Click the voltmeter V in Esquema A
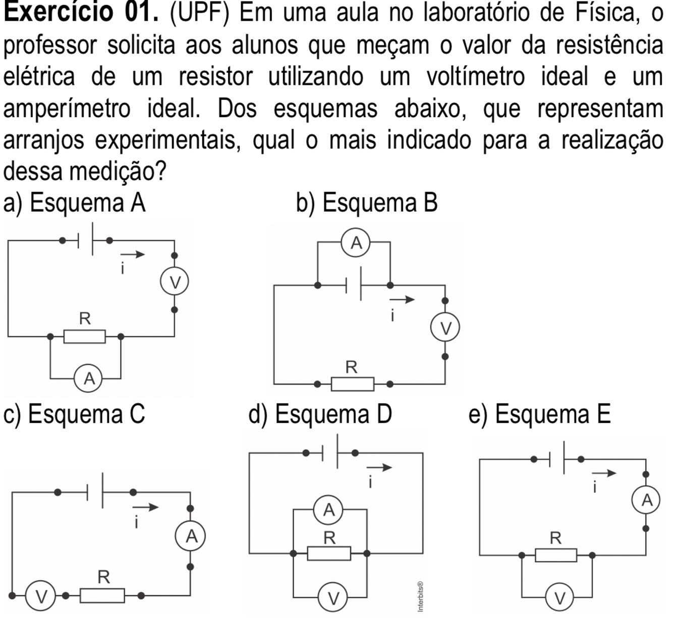pyautogui.click(x=175, y=282)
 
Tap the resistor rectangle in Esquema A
pyautogui.click(x=85, y=336)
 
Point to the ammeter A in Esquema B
pyautogui.click(x=356, y=243)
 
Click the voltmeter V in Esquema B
pyautogui.click(x=445, y=328)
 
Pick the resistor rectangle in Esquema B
pyautogui.click(x=353, y=384)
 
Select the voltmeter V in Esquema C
pyautogui.click(x=40, y=596)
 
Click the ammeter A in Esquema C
pyautogui.click(x=191, y=536)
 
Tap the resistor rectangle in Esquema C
pyautogui.click(x=102, y=596)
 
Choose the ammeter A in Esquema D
pyautogui.click(x=328, y=510)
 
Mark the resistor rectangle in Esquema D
pyautogui.click(x=329, y=553)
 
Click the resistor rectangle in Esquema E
pyautogui.click(x=556, y=555)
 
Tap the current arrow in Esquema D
pyautogui.click(x=379, y=468)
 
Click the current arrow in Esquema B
pyautogui.click(x=402, y=300)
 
